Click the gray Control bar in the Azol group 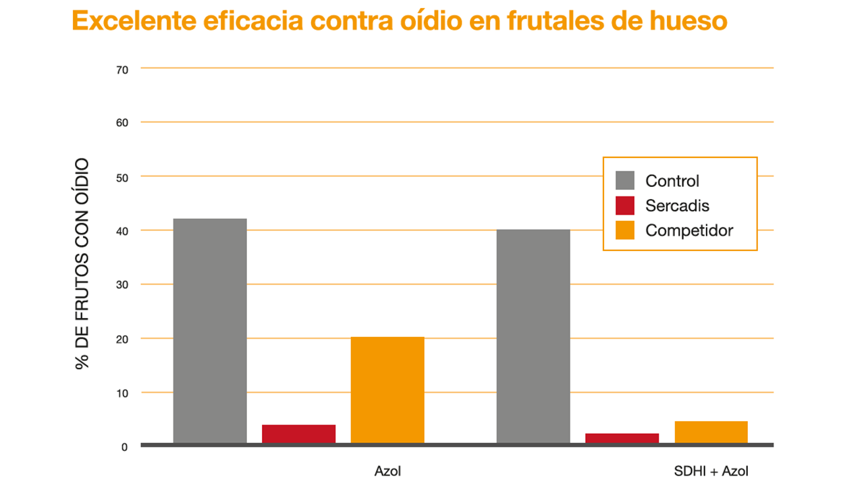tap(210, 331)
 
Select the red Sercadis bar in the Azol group tap(298, 434)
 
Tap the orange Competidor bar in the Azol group tap(387, 390)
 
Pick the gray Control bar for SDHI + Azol tap(533, 336)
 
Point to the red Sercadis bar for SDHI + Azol tap(622, 439)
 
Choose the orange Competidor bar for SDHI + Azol tap(711, 433)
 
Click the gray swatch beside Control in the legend tap(625, 180)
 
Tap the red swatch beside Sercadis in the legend tap(625, 206)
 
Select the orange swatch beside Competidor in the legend tap(625, 230)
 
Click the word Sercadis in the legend tap(677, 206)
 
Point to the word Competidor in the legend tap(689, 231)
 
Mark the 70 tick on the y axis tap(122, 70)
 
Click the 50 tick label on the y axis tap(122, 178)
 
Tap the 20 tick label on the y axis tap(122, 340)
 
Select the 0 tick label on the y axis tap(124, 448)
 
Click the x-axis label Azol tap(387, 471)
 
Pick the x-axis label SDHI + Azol tap(711, 471)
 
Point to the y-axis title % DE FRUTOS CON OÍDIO tap(82, 264)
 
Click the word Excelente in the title tap(134, 20)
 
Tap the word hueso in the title tap(688, 20)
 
